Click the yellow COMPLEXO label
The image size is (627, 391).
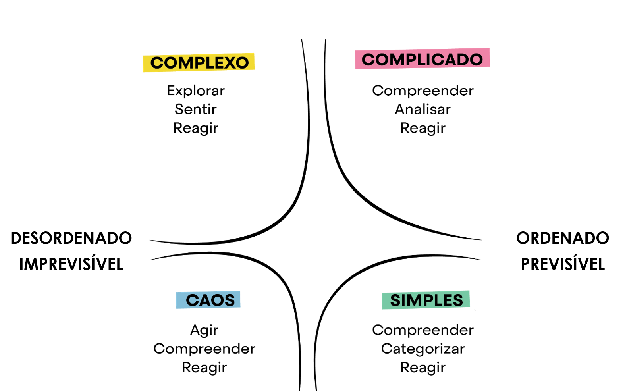[x=199, y=62]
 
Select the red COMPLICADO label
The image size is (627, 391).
[x=422, y=59]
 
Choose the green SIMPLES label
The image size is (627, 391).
[x=426, y=300]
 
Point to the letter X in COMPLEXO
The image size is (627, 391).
[x=230, y=63]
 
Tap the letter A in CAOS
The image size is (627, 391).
[x=206, y=300]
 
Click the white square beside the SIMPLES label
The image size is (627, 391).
[x=519, y=333]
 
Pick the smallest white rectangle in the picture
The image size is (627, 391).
[x=321, y=245]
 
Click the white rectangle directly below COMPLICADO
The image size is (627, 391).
[x=433, y=167]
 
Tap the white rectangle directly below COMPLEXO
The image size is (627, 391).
[x=201, y=176]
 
